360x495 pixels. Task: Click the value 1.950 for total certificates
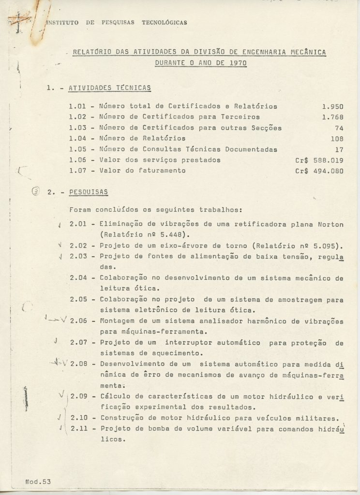(x=332, y=106)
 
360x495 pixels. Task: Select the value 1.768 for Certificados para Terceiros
(x=332, y=117)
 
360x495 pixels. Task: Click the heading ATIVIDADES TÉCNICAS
(x=110, y=88)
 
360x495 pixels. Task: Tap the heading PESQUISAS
(x=89, y=192)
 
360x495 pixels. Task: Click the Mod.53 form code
(x=38, y=481)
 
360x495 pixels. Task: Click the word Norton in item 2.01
(x=331, y=224)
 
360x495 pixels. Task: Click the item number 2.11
(x=80, y=429)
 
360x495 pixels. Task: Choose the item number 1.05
(x=80, y=149)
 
